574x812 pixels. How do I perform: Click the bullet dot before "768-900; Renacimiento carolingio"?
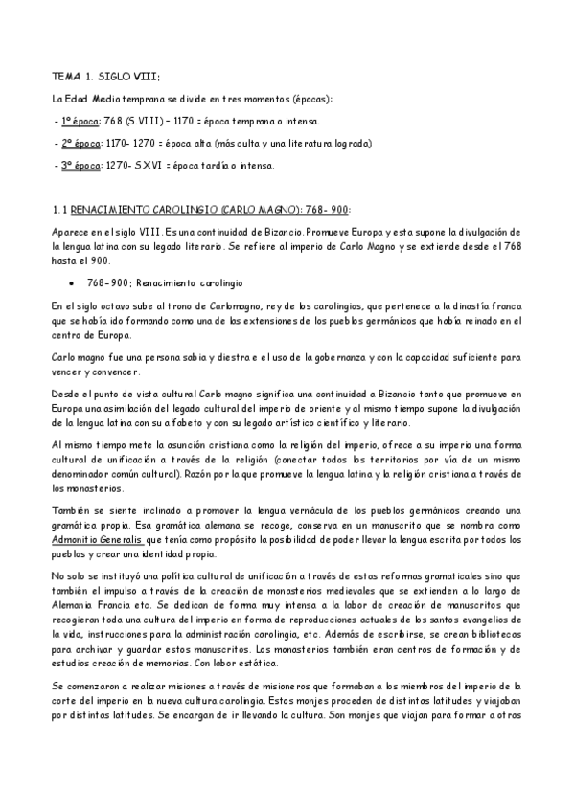[74, 284]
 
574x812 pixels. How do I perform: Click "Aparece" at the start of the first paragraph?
[72, 232]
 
